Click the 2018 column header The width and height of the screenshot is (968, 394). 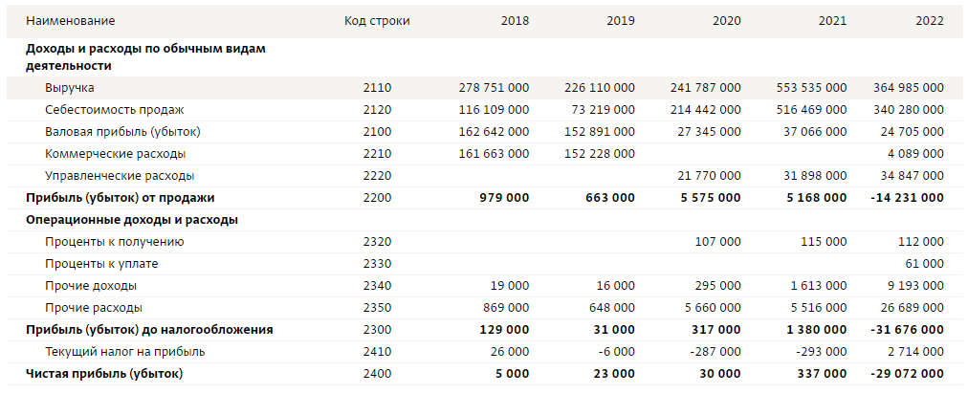(515, 21)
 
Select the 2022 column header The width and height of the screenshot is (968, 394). (928, 21)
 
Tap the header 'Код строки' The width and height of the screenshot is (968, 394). (377, 21)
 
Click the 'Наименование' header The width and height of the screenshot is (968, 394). (70, 21)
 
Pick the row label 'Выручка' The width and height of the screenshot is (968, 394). (69, 88)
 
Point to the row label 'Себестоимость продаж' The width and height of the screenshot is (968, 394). (114, 110)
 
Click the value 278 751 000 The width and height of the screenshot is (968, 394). (494, 88)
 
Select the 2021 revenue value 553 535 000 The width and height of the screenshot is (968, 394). (811, 88)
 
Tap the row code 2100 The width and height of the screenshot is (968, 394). (377, 132)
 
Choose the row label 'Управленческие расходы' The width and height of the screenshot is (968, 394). (120, 176)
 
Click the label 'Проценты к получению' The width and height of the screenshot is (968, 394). (114, 242)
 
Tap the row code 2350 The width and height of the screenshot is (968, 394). (377, 308)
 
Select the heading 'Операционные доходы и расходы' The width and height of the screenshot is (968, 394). (131, 220)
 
